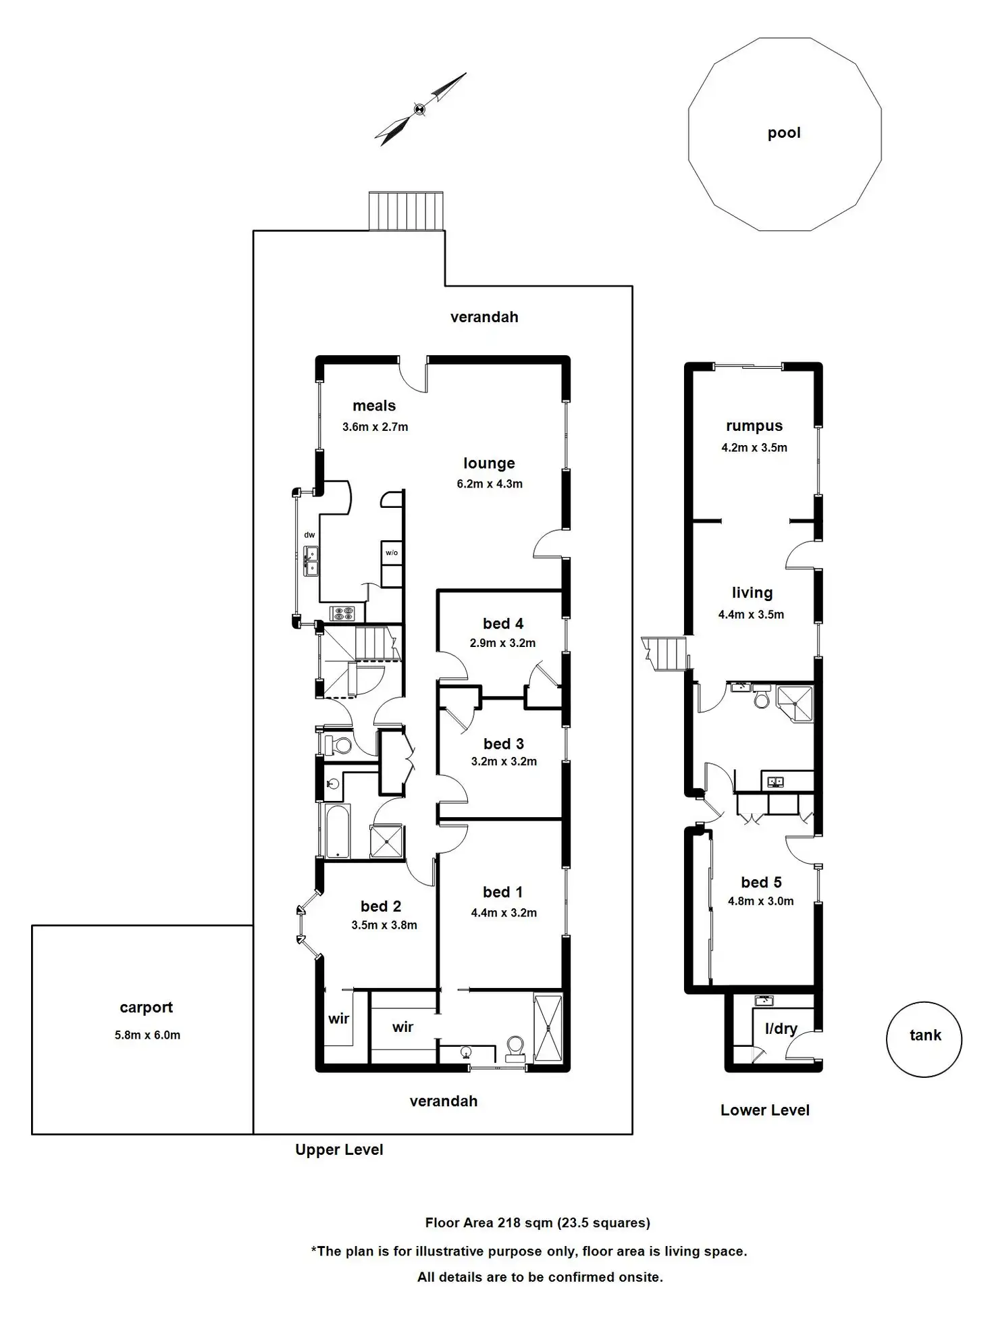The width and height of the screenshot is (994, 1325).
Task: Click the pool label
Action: [x=783, y=133]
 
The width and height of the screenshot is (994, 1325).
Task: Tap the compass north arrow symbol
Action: [x=420, y=109]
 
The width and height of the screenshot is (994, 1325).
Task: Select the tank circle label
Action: [x=924, y=1035]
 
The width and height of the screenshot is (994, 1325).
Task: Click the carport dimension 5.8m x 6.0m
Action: [x=147, y=1035]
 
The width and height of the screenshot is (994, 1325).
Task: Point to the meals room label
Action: [x=374, y=406]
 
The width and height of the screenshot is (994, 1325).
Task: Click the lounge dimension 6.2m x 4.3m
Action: [x=489, y=484]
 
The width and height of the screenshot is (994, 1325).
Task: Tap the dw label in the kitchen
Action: [x=309, y=535]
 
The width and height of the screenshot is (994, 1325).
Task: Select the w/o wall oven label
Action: [x=392, y=552]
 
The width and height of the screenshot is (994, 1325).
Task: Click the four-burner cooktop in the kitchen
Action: [x=342, y=613]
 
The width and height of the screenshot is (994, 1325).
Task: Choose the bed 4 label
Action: [x=502, y=623]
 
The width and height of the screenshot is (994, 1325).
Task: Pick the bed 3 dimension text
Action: [x=504, y=761]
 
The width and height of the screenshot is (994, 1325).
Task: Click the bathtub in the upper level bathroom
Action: [x=337, y=830]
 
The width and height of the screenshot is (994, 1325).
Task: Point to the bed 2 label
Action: [x=381, y=906]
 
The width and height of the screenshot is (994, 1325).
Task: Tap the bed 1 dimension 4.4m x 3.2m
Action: [x=504, y=912]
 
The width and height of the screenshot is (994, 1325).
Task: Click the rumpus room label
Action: [x=754, y=426]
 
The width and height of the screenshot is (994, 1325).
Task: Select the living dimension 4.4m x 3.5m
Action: [x=751, y=615]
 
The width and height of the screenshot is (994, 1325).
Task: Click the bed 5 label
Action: [x=761, y=883]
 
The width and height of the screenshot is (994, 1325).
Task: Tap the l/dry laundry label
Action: [x=781, y=1029]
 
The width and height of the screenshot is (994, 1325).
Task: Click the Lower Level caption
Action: [x=764, y=1110]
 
